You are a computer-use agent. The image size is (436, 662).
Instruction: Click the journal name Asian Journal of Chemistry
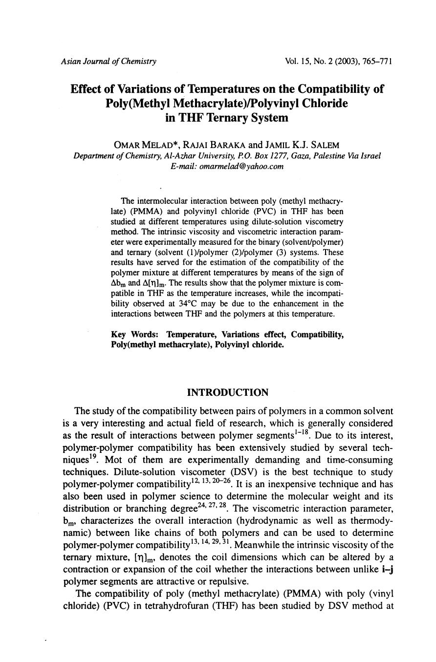click(109, 62)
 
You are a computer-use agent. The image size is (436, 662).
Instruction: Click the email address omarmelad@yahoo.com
click(227, 167)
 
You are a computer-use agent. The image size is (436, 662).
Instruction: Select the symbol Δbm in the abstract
click(119, 283)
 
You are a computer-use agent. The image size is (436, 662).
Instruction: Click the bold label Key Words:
click(135, 335)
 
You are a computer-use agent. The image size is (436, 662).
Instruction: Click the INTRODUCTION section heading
click(228, 393)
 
